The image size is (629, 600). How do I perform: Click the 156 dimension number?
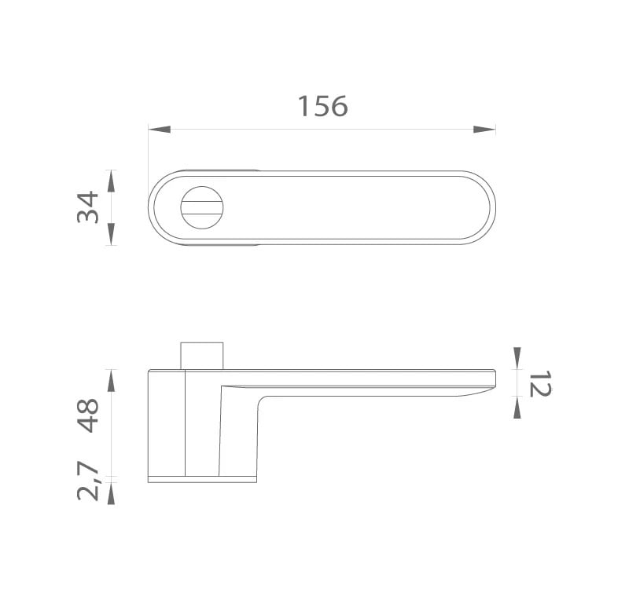[323, 107]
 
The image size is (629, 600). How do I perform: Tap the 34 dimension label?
[88, 207]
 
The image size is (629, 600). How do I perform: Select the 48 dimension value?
[88, 415]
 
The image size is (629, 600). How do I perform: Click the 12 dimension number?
[540, 384]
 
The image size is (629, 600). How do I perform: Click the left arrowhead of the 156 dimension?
[160, 130]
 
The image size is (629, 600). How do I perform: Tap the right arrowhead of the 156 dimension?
[484, 130]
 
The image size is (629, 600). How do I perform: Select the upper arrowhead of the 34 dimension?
[112, 181]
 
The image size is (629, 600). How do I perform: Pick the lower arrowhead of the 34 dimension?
[112, 234]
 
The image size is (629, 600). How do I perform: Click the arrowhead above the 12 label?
[517, 358]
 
